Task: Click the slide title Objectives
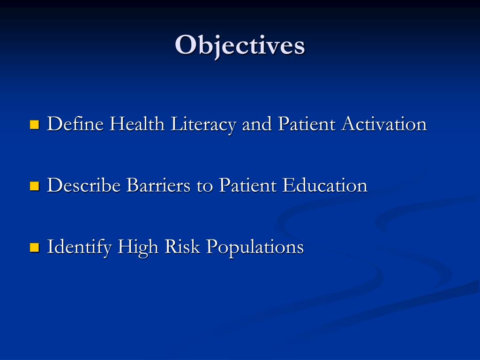tap(240, 45)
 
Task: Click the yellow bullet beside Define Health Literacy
tap(34, 125)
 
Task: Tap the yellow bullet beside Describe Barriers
tap(34, 186)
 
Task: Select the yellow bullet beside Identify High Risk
tap(34, 247)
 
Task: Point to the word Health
tap(137, 125)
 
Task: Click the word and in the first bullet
tap(257, 125)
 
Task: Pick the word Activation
tap(384, 125)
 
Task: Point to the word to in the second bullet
tap(205, 186)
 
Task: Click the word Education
tap(325, 186)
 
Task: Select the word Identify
tap(79, 247)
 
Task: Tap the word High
tap(138, 247)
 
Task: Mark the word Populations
tap(255, 247)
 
